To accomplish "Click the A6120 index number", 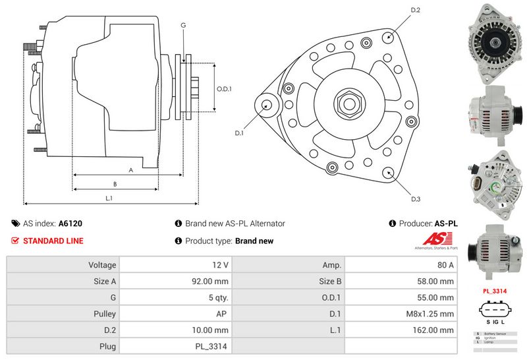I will click(x=70, y=224).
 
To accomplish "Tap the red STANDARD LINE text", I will click(x=53, y=241).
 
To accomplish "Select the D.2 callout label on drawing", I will click(x=416, y=10).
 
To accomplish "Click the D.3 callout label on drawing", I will click(x=416, y=198).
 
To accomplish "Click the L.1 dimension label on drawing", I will click(x=109, y=198).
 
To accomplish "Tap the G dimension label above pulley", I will click(x=183, y=25).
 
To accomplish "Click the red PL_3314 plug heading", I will click(x=494, y=290).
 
